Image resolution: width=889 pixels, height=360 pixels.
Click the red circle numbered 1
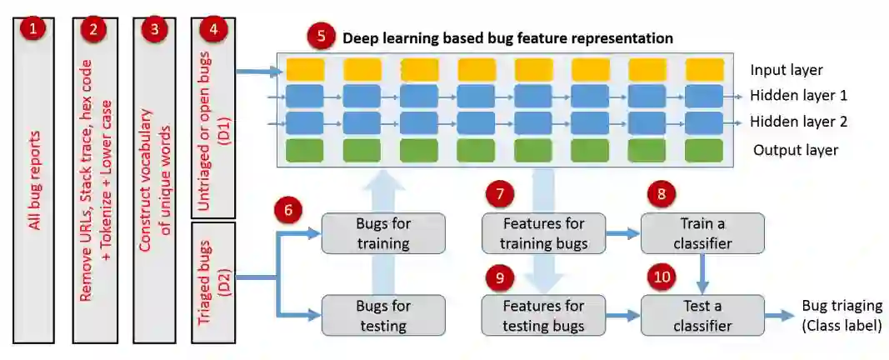pyautogui.click(x=33, y=30)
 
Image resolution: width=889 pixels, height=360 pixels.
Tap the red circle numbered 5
pyautogui.click(x=320, y=37)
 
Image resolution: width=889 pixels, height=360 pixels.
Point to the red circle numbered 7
pyautogui.click(x=500, y=195)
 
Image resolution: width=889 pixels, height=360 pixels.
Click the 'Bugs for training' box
pyautogui.click(x=383, y=233)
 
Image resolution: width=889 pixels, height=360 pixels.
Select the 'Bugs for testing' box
pyautogui.click(x=383, y=315)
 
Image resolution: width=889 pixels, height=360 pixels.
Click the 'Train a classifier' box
pyautogui.click(x=702, y=233)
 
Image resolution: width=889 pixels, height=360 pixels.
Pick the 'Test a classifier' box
pyautogui.click(x=702, y=315)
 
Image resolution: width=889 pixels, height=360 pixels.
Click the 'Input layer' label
pyautogui.click(x=785, y=70)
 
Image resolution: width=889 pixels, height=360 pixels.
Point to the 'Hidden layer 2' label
pyautogui.click(x=799, y=122)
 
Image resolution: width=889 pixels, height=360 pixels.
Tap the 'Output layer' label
pyautogui.click(x=796, y=150)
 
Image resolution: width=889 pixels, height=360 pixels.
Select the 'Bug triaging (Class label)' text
pyautogui.click(x=841, y=316)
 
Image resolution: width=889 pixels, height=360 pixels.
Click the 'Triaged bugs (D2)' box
pyautogui.click(x=213, y=282)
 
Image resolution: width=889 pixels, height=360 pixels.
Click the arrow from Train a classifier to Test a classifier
pyautogui.click(x=702, y=273)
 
